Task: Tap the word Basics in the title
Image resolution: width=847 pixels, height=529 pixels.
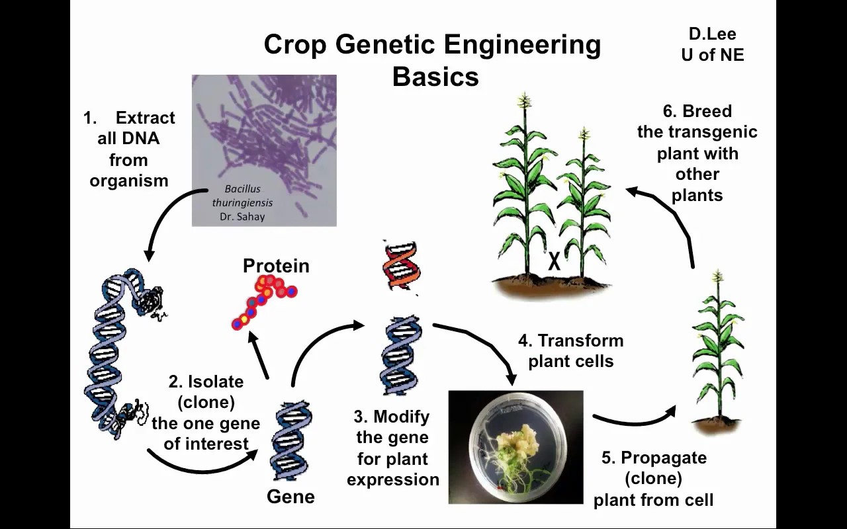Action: pos(435,77)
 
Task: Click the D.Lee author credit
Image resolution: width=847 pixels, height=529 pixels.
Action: pos(712,34)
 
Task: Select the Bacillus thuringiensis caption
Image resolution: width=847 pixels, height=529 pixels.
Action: pos(242,196)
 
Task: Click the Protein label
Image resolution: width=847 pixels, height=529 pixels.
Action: pos(276,266)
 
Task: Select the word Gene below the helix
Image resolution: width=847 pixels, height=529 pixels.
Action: pos(290,497)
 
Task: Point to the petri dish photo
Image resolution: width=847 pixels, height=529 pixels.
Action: pos(516,447)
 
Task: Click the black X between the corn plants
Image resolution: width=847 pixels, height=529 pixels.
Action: pos(554,262)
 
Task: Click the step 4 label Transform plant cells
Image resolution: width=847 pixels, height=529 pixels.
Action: pos(570,350)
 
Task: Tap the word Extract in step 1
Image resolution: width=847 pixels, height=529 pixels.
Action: pos(145,118)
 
